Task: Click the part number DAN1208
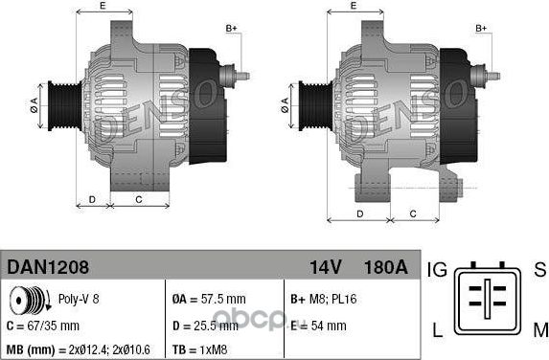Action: (48, 267)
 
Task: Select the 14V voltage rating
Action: (325, 267)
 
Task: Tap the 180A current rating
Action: (386, 267)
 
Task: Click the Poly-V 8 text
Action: (79, 299)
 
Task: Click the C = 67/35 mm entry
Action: (43, 326)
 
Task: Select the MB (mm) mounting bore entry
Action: (78, 349)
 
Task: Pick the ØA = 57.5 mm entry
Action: (209, 299)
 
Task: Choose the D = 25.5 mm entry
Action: (205, 326)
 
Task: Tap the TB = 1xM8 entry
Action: (199, 349)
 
